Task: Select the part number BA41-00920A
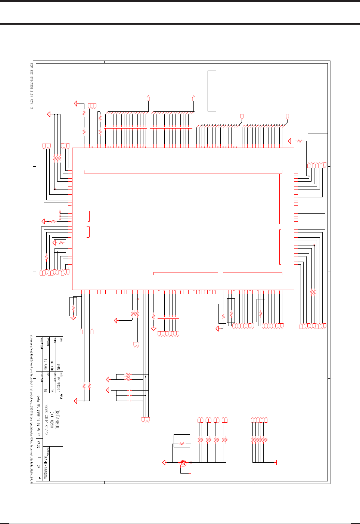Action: click(x=45, y=468)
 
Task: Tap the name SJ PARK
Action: click(x=45, y=364)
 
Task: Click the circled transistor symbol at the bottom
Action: click(x=183, y=463)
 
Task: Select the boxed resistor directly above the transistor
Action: click(x=182, y=444)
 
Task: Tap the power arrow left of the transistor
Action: click(x=164, y=462)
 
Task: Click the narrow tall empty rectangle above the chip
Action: click(x=212, y=91)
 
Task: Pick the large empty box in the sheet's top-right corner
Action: click(x=317, y=98)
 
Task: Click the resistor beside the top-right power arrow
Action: click(x=299, y=141)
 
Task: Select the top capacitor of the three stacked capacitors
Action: click(x=130, y=390)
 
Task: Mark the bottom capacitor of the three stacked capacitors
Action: click(x=130, y=401)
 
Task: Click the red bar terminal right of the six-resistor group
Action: click(x=276, y=462)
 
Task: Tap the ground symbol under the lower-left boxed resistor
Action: click(x=73, y=318)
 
